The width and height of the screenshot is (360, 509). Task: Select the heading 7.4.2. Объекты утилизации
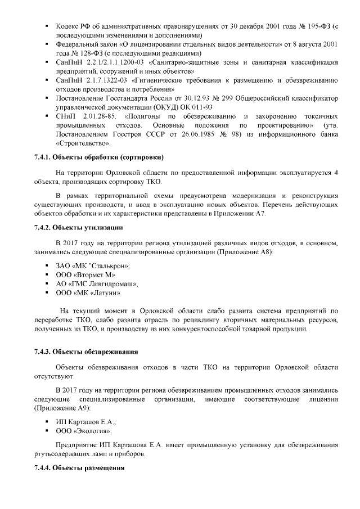click(x=79, y=227)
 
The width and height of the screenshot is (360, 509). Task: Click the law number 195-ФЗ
click(x=317, y=26)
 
